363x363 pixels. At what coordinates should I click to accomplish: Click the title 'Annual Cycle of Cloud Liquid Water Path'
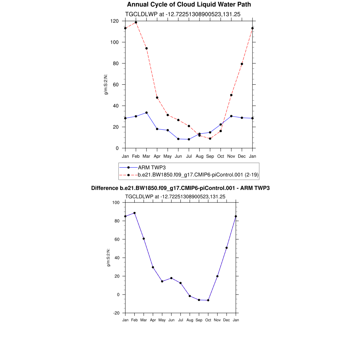click(x=189, y=5)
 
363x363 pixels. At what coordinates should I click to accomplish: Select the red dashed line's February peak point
click(x=136, y=22)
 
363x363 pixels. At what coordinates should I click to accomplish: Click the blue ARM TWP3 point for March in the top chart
click(x=146, y=113)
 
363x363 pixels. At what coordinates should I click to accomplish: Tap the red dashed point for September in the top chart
click(x=210, y=139)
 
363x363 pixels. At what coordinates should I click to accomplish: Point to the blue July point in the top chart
click(x=189, y=139)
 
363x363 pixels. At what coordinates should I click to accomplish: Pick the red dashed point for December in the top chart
click(x=242, y=64)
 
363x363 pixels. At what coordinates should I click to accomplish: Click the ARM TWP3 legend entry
click(x=152, y=167)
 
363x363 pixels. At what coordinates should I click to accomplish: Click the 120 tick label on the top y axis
click(x=114, y=21)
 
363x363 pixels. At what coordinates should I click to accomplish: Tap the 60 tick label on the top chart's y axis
click(x=116, y=85)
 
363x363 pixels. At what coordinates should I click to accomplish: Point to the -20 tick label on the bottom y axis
click(x=116, y=313)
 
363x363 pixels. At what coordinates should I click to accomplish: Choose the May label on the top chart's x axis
click(x=168, y=156)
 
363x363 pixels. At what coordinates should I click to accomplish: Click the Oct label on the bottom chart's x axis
click(x=208, y=320)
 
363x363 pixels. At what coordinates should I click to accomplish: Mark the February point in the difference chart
click(x=134, y=213)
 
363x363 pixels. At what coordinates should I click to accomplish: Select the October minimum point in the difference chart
click(x=208, y=300)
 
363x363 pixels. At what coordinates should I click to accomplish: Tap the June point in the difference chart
click(x=171, y=278)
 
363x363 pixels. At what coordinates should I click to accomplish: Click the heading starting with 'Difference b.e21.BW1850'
click(x=180, y=188)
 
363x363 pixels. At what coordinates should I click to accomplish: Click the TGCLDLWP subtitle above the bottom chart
click(x=175, y=196)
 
